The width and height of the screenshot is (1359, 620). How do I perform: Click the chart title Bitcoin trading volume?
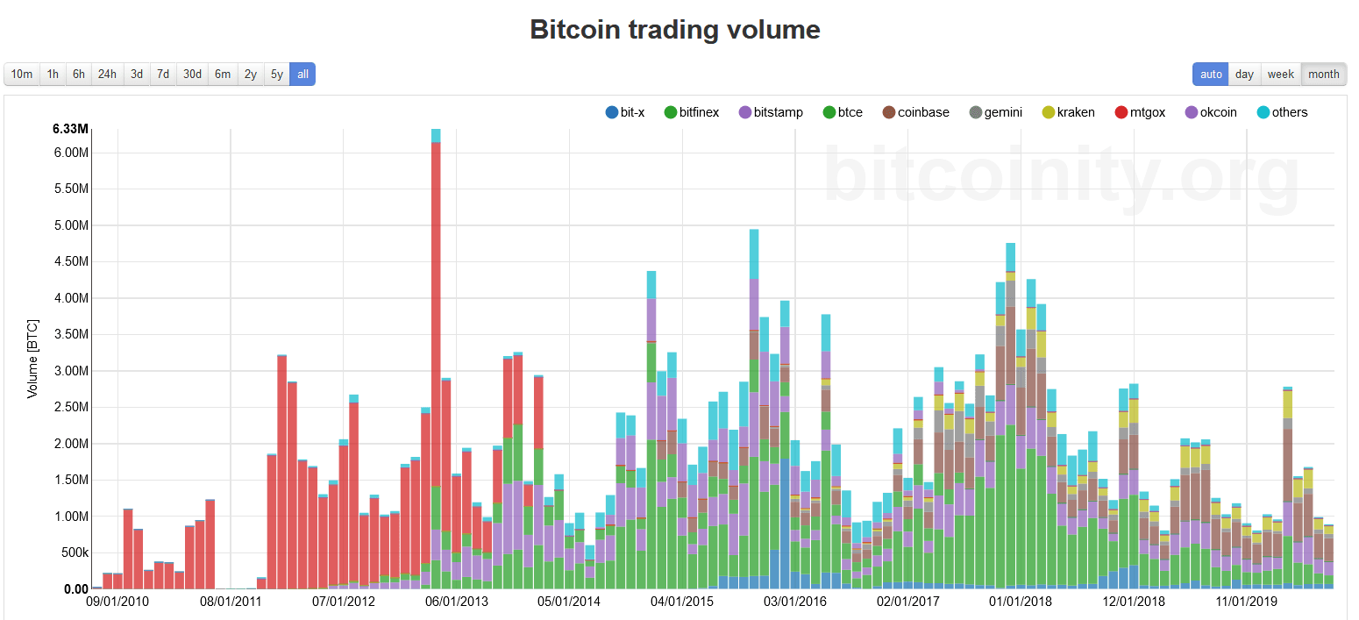[675, 30]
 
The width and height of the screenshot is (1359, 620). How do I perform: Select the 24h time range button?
[107, 75]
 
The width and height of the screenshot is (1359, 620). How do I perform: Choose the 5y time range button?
[276, 75]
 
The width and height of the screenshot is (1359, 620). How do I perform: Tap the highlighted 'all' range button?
[302, 75]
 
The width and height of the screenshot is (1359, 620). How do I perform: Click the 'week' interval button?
[1280, 75]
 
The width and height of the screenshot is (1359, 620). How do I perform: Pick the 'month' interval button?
[1323, 75]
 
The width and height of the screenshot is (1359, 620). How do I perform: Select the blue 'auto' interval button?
[1211, 75]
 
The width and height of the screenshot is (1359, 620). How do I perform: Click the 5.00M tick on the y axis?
[71, 225]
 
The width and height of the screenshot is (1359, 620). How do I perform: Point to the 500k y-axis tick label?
[73, 552]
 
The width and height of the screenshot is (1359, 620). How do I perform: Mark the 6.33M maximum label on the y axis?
[70, 129]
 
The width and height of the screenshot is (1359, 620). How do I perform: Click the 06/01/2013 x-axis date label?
[456, 602]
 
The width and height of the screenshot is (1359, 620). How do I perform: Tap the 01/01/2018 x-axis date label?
[1021, 602]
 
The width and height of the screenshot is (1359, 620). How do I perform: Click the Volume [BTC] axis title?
[32, 359]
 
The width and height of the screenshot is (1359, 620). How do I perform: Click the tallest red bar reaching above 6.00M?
[436, 351]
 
